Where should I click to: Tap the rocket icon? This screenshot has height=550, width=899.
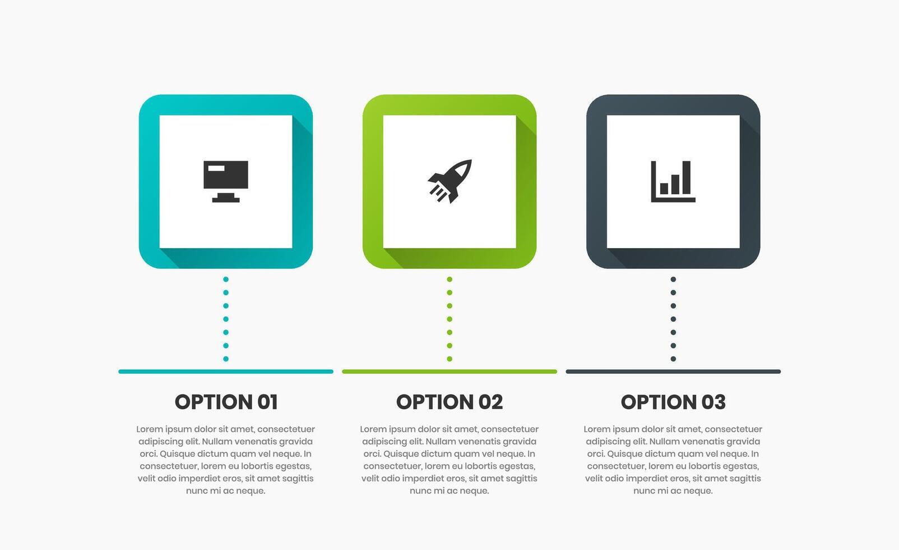point(450,181)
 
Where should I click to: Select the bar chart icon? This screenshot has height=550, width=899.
point(673,181)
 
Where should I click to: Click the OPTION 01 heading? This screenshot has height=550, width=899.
point(226,402)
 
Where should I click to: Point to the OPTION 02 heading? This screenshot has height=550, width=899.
point(450,402)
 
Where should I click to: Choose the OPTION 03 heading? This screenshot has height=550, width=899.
point(673,402)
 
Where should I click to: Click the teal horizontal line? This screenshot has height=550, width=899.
point(226,372)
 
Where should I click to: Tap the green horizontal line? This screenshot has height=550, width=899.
point(450,372)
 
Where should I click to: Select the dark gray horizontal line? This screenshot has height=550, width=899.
point(673,372)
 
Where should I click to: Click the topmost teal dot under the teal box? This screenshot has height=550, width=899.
point(226,279)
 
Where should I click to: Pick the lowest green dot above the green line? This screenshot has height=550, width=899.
point(450,359)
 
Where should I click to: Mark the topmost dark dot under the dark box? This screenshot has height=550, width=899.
point(673,279)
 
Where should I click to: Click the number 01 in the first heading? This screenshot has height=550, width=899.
point(267,402)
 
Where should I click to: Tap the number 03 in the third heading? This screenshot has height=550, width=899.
point(713,402)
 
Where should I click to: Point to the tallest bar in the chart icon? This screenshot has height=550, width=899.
point(687,177)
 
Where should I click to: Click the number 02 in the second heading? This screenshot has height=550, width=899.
point(490,402)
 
